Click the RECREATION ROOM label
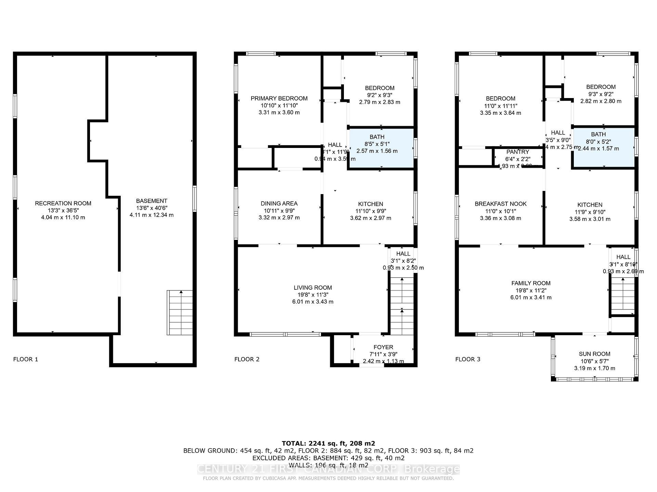[x=63, y=203]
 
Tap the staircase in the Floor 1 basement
[x=180, y=313]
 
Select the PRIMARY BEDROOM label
[x=279, y=98]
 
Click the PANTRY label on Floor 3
[x=517, y=152]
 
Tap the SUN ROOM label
[x=594, y=354]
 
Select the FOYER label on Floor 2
[x=383, y=347]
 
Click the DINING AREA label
[x=279, y=203]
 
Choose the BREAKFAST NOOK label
[x=500, y=204]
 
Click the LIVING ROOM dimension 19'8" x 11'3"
[x=313, y=295]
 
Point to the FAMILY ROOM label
[x=531, y=283]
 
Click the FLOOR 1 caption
[x=26, y=359]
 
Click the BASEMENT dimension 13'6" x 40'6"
[x=151, y=208]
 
